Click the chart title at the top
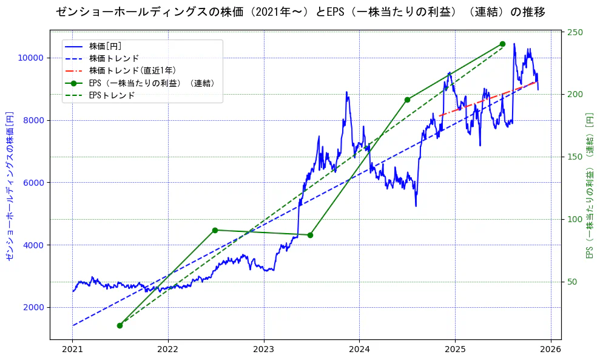tap(300, 12)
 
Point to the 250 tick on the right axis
tap(575, 32)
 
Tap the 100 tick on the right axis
tap(575, 219)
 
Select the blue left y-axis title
tap(10, 186)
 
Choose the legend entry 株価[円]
tap(106, 46)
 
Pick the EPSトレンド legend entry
tap(112, 95)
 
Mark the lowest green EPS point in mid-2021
tap(120, 325)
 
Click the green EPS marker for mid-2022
tap(215, 230)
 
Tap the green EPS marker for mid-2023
tap(311, 235)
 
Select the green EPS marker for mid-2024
tap(407, 100)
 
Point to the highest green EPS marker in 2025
tap(502, 44)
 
